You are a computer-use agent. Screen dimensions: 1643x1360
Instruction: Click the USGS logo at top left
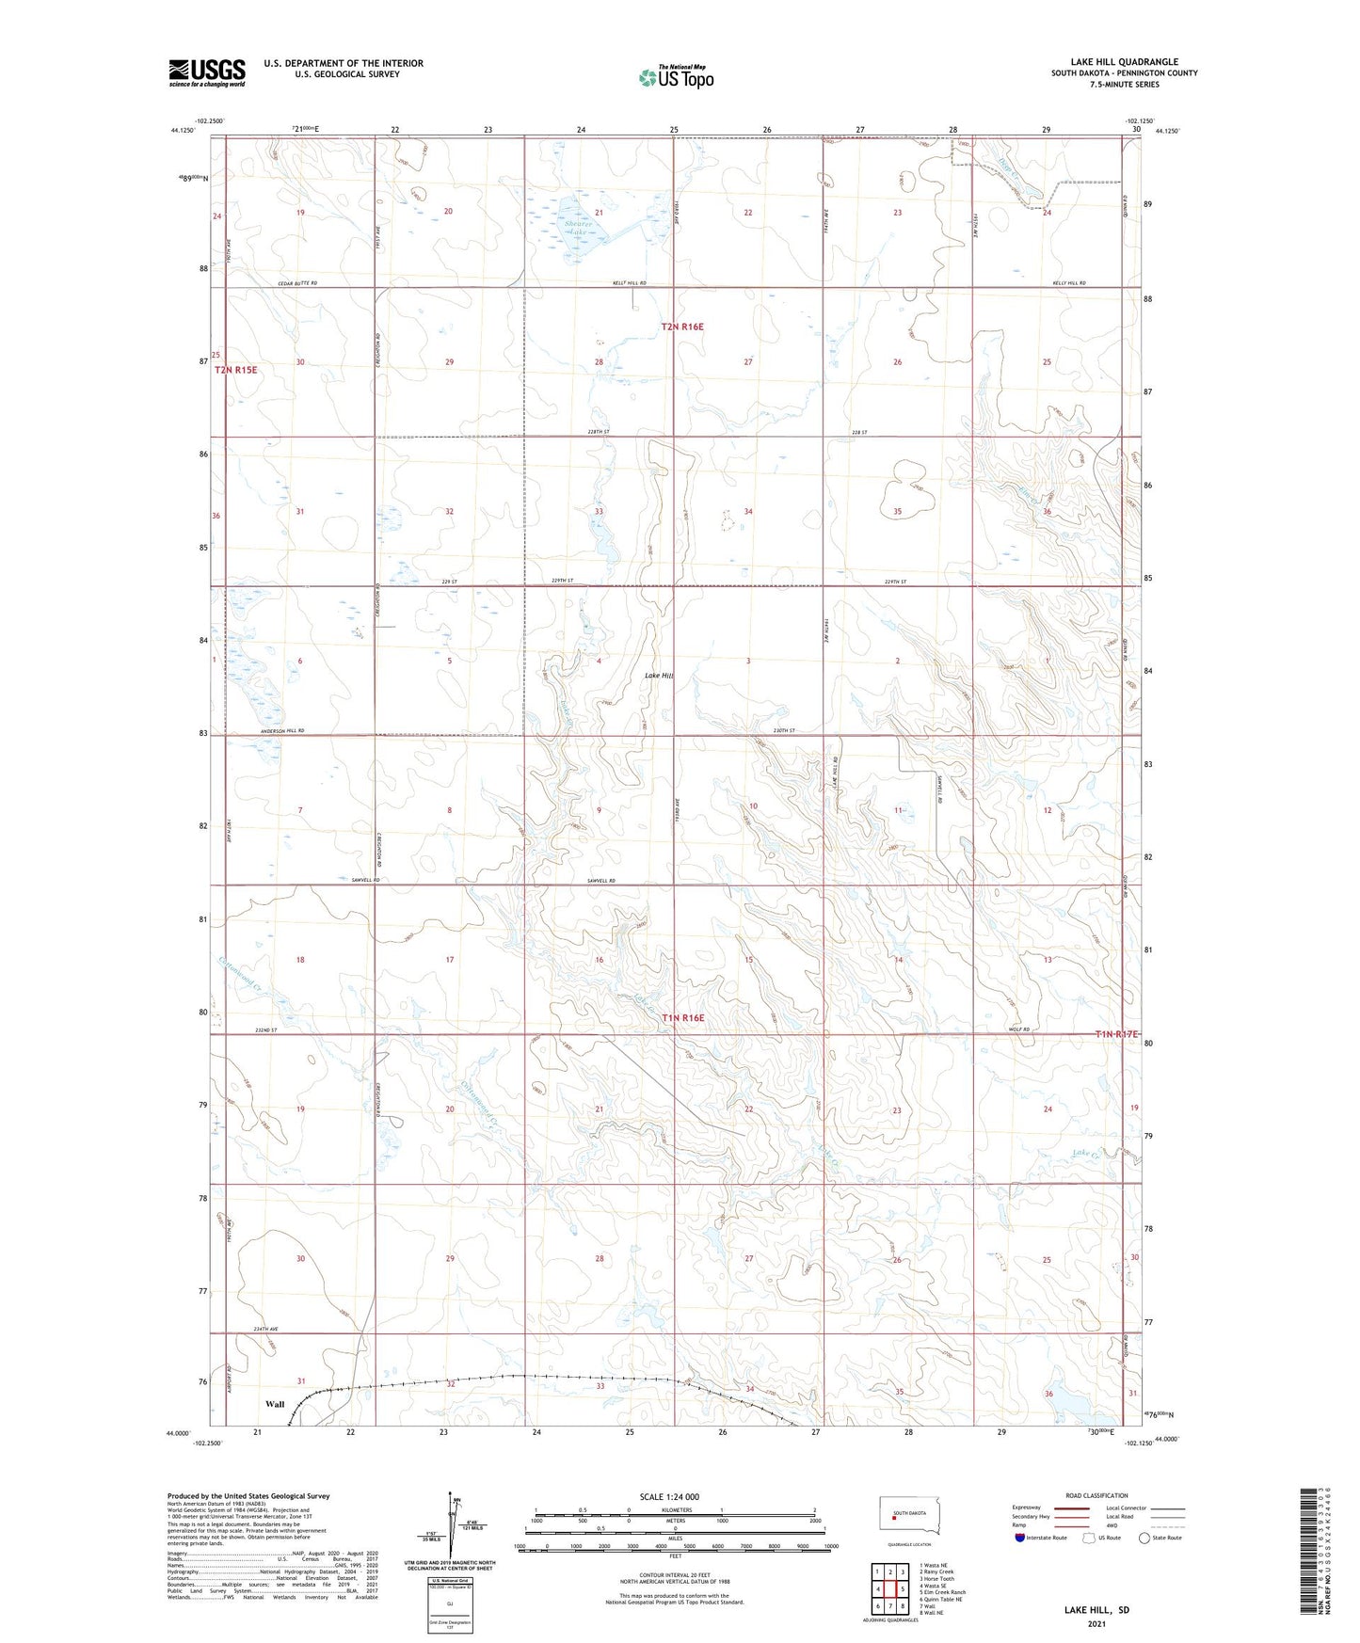point(206,72)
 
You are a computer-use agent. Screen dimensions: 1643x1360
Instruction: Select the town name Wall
point(275,1404)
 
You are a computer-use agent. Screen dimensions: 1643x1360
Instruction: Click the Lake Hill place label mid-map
point(659,676)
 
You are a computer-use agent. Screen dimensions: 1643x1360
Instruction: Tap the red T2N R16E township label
point(682,327)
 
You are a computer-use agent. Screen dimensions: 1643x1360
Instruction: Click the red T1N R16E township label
point(682,1018)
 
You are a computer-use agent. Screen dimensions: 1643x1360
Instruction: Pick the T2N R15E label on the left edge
point(235,370)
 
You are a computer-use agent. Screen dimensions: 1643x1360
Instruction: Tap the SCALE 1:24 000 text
point(669,1496)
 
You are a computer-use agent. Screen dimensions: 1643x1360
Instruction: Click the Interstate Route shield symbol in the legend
point(1020,1538)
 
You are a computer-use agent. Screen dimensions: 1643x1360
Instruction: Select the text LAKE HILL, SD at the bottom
point(1096,1610)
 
